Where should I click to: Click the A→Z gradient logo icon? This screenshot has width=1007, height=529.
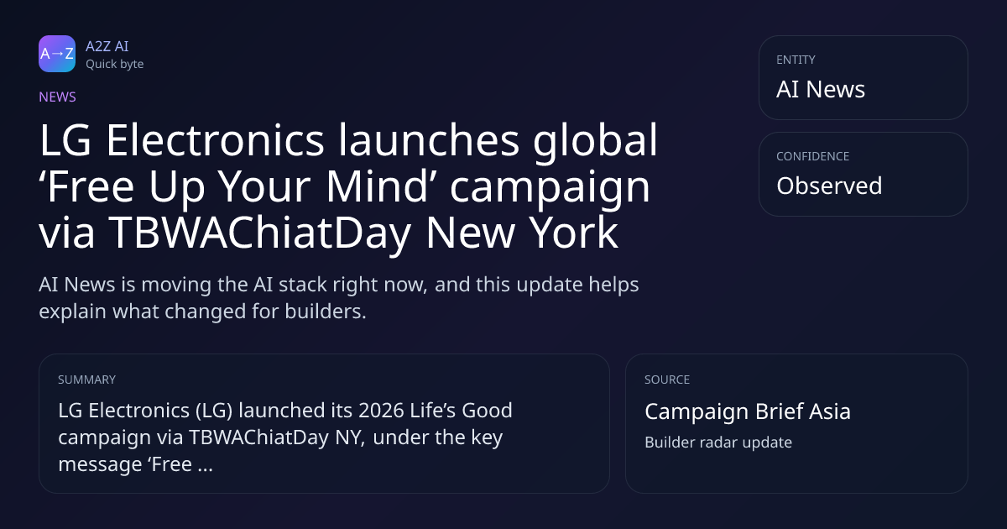click(x=57, y=54)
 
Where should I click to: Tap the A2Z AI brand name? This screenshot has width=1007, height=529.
click(x=107, y=46)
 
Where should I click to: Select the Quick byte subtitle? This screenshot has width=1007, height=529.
click(x=115, y=65)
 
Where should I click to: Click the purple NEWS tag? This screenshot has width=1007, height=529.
click(x=58, y=97)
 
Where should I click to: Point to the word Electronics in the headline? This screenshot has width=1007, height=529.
click(x=215, y=140)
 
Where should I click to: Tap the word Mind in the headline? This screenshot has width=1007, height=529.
click(x=376, y=186)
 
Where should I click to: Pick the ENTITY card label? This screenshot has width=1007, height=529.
click(x=796, y=60)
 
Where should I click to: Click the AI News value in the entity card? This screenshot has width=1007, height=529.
click(x=821, y=89)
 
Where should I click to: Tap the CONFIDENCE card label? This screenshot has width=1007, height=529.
click(x=813, y=156)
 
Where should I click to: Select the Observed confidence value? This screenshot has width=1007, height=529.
click(x=829, y=186)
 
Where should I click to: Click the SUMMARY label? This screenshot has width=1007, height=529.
click(x=86, y=380)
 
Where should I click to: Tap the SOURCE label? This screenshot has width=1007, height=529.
click(x=667, y=380)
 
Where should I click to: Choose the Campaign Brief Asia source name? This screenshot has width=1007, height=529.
click(x=748, y=411)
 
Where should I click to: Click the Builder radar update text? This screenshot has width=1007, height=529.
click(x=718, y=443)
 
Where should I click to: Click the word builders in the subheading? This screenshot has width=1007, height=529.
click(x=326, y=312)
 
